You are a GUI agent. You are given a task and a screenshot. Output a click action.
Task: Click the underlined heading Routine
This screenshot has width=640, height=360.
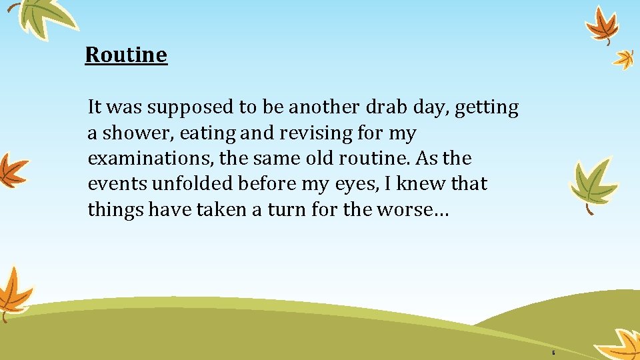(x=126, y=55)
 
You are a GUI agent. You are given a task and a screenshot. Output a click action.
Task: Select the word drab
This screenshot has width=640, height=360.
(x=385, y=107)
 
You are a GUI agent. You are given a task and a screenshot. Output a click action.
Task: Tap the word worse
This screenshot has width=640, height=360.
(x=416, y=210)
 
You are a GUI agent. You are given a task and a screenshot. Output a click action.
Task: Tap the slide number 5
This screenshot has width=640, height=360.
(x=553, y=352)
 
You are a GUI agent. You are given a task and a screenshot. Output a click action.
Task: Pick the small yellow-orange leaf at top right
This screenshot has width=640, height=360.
(x=624, y=59)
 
